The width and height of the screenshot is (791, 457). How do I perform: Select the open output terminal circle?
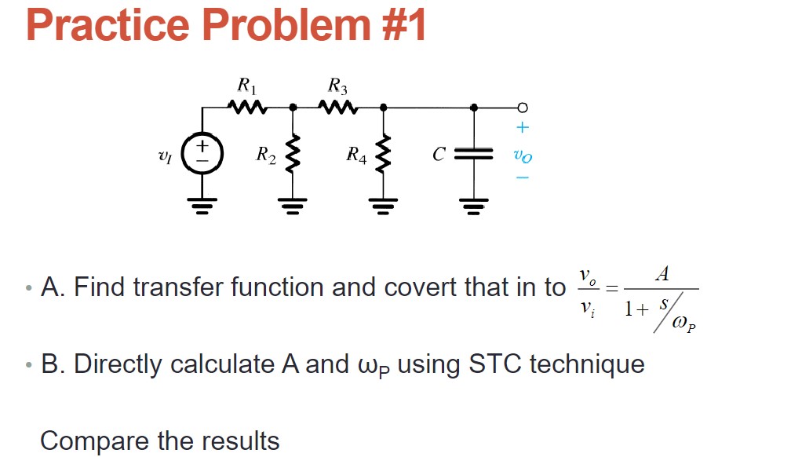click(523, 107)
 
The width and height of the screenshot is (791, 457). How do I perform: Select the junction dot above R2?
click(293, 107)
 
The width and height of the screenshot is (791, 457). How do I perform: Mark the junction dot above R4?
click(384, 107)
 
